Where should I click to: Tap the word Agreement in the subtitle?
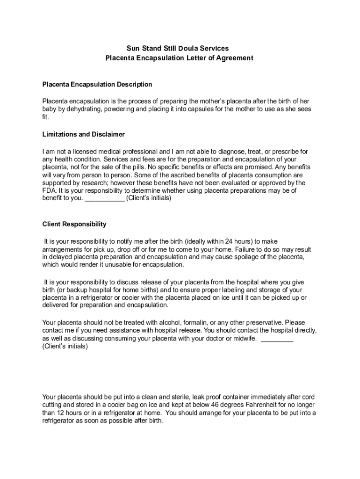[x=232, y=58]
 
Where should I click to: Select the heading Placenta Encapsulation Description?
[x=97, y=85]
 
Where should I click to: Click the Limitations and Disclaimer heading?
[x=84, y=134]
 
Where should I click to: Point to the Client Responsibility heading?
[x=74, y=224]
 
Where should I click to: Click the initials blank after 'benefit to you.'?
[x=105, y=198]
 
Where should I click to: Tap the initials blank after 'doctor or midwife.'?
[x=277, y=339]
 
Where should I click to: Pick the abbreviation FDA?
[x=49, y=191]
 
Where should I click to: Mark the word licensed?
[x=80, y=152]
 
